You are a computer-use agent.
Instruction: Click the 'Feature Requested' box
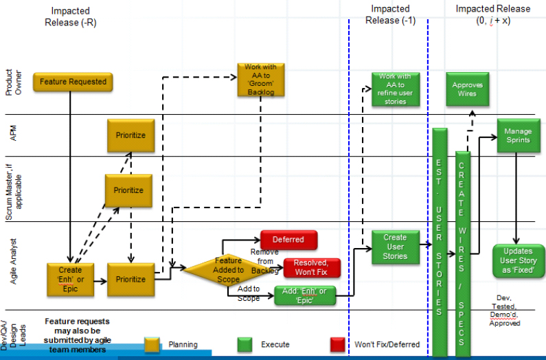point(73,82)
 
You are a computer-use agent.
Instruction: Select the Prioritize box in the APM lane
point(130,135)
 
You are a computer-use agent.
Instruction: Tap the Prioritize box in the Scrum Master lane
point(128,190)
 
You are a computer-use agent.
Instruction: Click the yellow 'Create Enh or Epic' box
point(70,279)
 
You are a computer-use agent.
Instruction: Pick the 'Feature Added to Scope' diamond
point(228,270)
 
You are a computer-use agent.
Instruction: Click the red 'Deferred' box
point(288,240)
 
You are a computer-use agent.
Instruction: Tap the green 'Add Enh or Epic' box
point(308,295)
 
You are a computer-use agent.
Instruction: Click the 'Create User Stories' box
point(395,247)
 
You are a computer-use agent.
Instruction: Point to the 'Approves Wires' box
point(467,89)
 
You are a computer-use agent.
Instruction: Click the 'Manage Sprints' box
point(517,135)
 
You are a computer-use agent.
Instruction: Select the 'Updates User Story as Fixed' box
point(519,261)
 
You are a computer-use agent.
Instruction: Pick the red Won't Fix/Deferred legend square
point(337,344)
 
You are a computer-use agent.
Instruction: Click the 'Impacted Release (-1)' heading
point(390,14)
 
